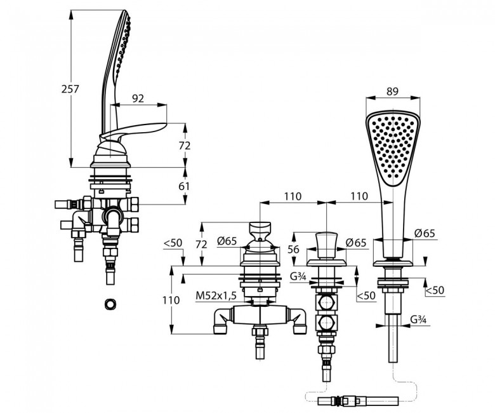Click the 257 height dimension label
70,90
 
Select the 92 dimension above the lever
138,98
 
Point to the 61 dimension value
184,186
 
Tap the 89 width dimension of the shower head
392,91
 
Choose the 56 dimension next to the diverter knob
293,249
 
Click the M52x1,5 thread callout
216,295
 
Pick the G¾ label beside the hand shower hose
419,320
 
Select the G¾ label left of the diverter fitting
298,277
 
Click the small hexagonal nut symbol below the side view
110,304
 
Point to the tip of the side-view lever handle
166,125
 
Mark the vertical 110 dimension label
171,300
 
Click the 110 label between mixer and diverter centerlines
293,196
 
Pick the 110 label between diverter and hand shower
359,196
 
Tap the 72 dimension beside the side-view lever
185,146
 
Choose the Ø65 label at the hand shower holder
425,234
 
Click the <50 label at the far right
435,290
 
